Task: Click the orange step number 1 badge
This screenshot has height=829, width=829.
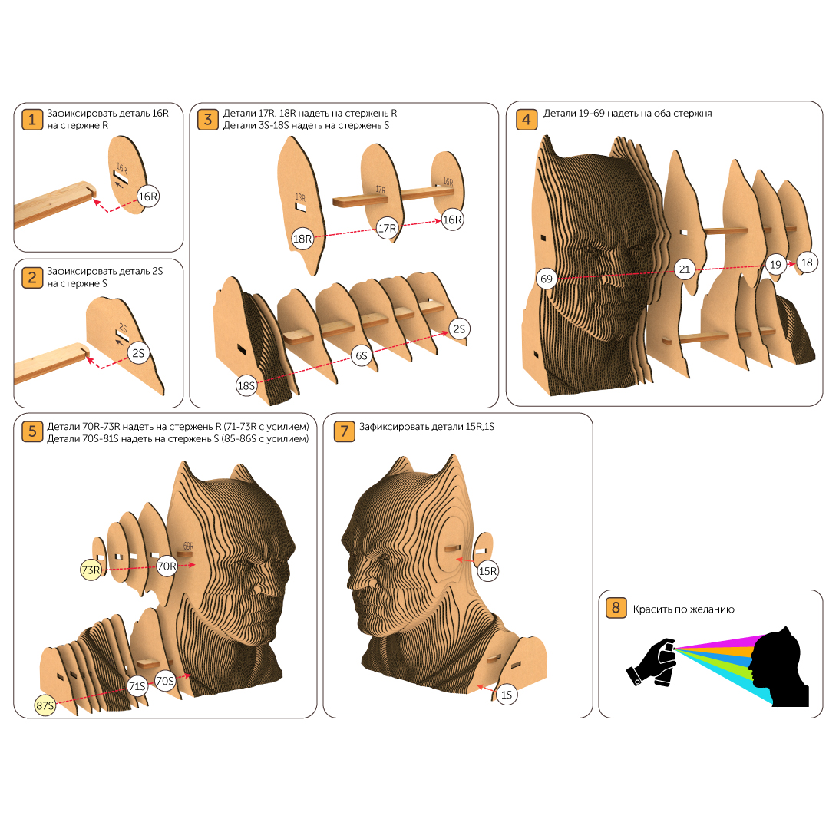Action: [31, 120]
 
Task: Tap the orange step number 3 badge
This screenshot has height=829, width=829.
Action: [208, 120]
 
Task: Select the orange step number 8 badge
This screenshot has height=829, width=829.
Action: [616, 607]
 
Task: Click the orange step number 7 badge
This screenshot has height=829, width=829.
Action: [344, 431]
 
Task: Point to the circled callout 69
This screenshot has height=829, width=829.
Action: [547, 279]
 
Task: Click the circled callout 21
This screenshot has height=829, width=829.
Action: [685, 269]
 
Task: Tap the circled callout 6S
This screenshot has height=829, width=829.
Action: [361, 356]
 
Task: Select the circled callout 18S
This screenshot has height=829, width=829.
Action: [246, 386]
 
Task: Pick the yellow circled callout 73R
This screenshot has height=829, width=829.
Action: [91, 570]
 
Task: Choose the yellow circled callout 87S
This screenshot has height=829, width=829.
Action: [45, 705]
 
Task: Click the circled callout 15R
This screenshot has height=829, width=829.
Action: [487, 571]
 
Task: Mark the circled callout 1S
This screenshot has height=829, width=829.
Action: [507, 695]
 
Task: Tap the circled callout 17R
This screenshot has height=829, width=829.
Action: [387, 229]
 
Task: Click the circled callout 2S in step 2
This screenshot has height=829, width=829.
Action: [138, 353]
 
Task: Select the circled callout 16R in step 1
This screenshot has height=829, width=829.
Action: [148, 197]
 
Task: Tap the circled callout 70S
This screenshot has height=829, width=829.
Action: [165, 681]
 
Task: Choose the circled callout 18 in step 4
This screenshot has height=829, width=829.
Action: [807, 263]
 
